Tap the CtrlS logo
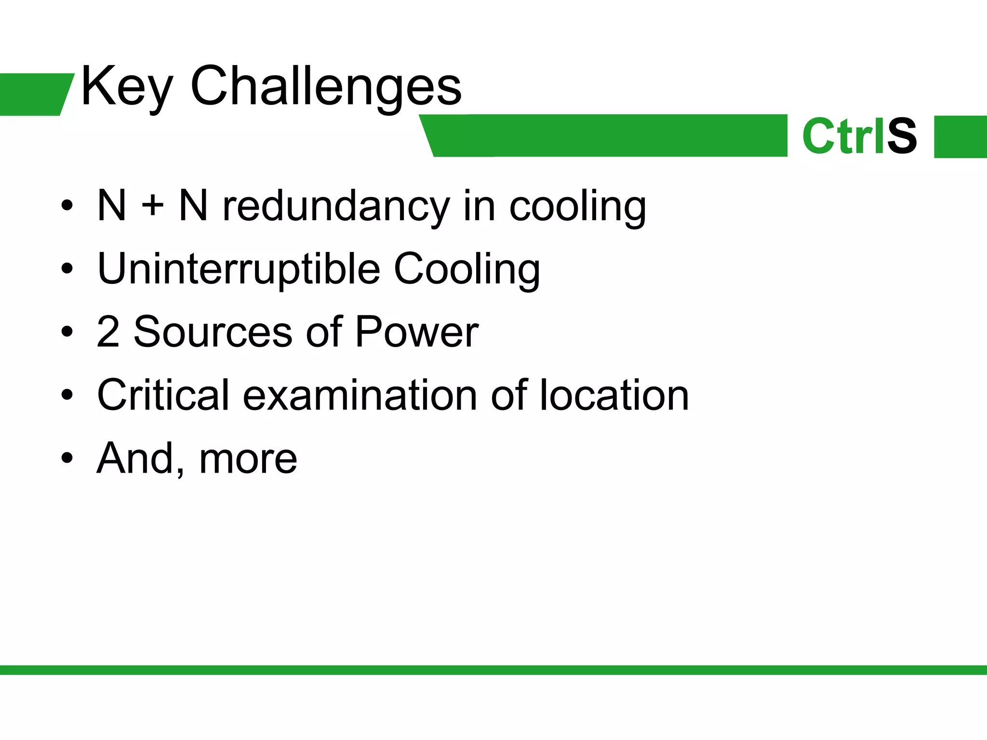859,136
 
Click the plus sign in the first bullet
152,206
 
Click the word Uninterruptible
239,269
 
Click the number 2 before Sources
108,331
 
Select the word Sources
213,331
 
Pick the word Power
416,331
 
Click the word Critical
163,395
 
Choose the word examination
360,395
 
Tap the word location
614,395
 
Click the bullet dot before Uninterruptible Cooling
67,269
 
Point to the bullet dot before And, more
67,458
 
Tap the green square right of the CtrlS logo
960,136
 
